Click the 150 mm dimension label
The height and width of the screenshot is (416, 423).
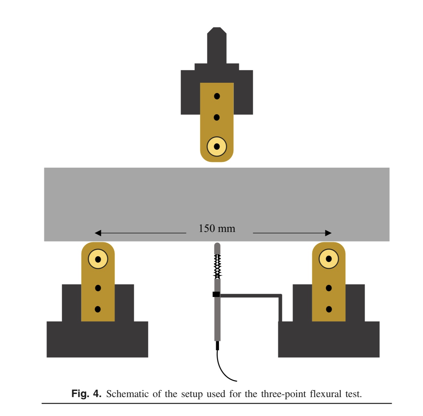(217, 228)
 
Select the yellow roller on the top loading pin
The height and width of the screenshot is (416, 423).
(217, 147)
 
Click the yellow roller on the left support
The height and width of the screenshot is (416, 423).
(98, 259)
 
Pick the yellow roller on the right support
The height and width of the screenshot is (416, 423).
(329, 259)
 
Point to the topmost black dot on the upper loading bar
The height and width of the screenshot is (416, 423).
(217, 96)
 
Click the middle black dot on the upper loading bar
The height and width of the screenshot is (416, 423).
(217, 117)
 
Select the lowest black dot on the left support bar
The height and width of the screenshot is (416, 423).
(98, 309)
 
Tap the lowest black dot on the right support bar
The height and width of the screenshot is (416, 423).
(329, 309)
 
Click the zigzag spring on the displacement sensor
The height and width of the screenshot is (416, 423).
(217, 266)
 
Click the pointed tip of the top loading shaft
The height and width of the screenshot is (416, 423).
(217, 29)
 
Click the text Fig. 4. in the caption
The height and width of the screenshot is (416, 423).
(86, 394)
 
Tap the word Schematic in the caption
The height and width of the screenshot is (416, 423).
(127, 394)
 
